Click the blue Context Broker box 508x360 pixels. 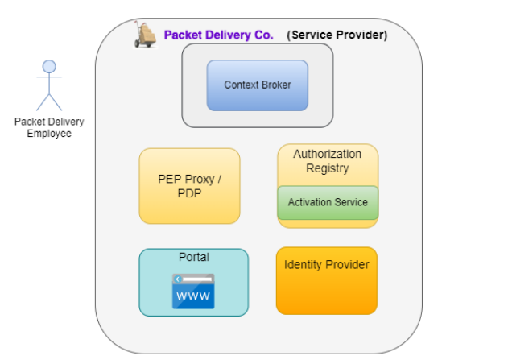(x=258, y=85)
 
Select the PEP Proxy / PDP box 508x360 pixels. (x=189, y=186)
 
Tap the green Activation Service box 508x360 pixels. (x=328, y=202)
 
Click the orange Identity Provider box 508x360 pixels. (x=326, y=280)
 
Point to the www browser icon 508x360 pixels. (x=193, y=292)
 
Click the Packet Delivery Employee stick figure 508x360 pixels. (x=49, y=85)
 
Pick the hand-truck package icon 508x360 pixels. (x=146, y=35)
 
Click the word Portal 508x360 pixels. (x=193, y=257)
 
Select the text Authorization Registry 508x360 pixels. (x=327, y=161)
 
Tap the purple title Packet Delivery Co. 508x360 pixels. (x=219, y=35)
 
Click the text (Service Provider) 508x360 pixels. (x=337, y=35)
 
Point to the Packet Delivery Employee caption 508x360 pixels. (x=49, y=127)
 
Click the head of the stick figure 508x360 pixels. (x=49, y=66)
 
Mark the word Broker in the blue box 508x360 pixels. (x=276, y=85)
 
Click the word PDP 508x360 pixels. (x=189, y=193)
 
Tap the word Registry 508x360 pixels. (x=327, y=168)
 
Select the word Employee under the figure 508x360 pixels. (x=49, y=134)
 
